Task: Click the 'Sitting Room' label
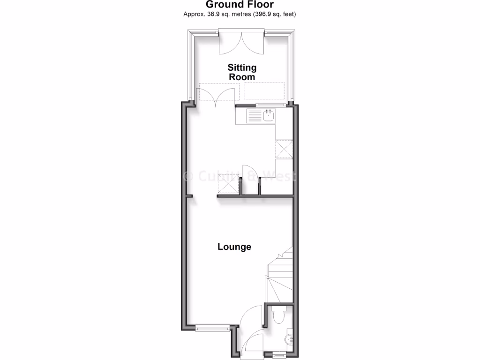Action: pyautogui.click(x=242, y=72)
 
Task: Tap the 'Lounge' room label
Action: pyautogui.click(x=234, y=247)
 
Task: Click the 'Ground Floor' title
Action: pyautogui.click(x=240, y=5)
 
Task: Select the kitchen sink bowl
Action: pyautogui.click(x=269, y=116)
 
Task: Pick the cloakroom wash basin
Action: pyautogui.click(x=289, y=338)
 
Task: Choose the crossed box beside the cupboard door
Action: pyautogui.click(x=229, y=184)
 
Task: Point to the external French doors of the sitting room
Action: pyautogui.click(x=242, y=42)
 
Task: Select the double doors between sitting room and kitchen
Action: pyautogui.click(x=217, y=96)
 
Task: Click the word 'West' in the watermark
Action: pyautogui.click(x=281, y=176)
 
